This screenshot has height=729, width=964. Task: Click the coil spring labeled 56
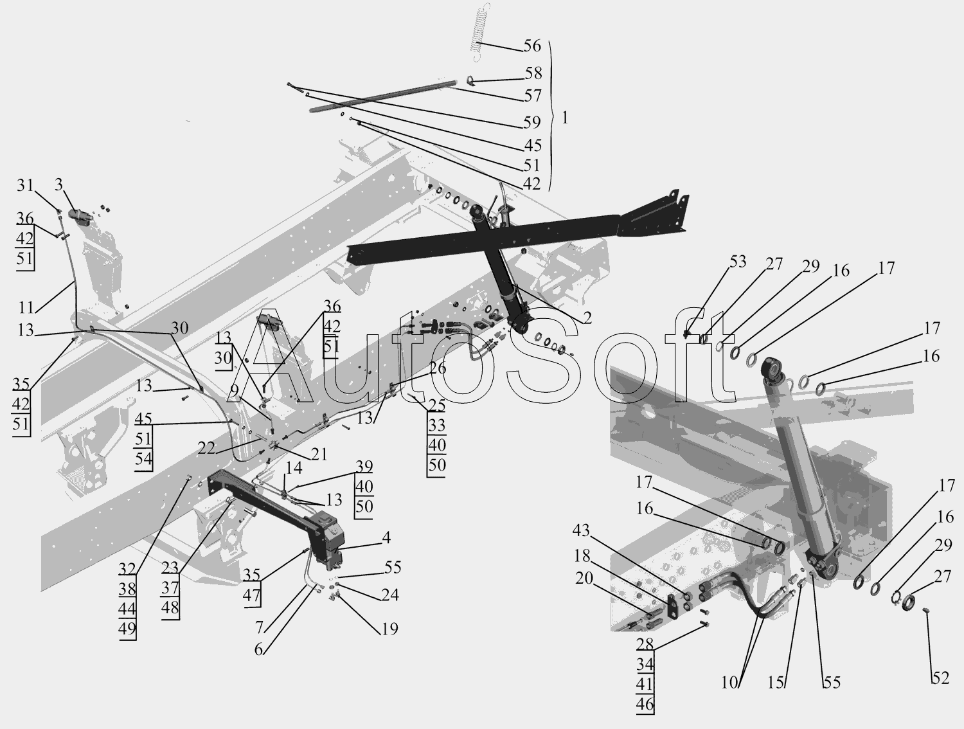tap(476, 32)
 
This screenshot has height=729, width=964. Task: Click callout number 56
tap(532, 46)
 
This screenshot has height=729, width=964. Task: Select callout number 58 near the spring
tap(533, 73)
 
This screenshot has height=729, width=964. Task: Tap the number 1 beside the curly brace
tap(564, 119)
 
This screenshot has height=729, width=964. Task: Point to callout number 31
tap(25, 186)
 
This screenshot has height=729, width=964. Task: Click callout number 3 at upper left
tap(58, 186)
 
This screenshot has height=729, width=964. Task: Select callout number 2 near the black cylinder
tap(587, 318)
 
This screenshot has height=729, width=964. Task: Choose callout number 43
tap(581, 531)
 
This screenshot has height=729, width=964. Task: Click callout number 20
tap(584, 579)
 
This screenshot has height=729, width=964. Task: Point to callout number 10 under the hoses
tap(729, 683)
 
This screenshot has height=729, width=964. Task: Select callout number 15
tap(776, 683)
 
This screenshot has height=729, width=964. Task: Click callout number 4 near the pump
tap(386, 537)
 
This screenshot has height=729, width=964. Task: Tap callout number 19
tap(389, 629)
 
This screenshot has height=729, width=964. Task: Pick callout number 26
tap(438, 369)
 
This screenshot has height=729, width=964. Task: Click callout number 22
tap(206, 449)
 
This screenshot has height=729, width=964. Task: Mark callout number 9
tap(234, 391)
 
